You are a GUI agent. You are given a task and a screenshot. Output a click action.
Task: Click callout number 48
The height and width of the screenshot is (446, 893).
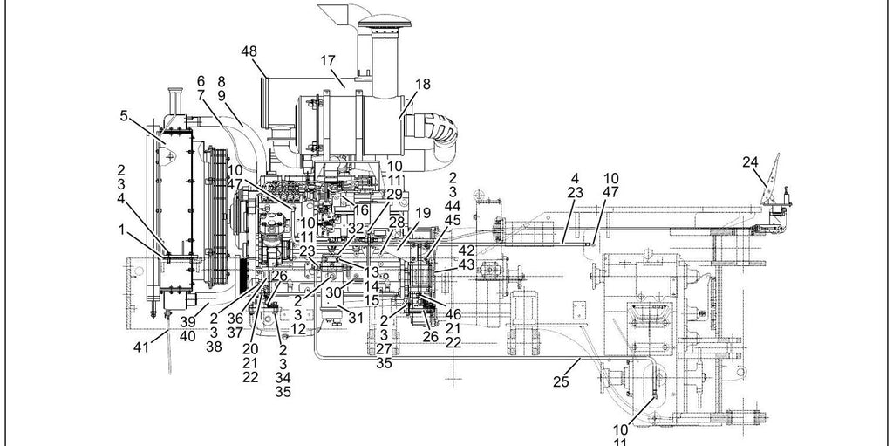click(249, 51)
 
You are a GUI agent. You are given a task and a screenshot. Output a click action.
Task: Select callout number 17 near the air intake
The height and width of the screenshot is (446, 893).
click(328, 60)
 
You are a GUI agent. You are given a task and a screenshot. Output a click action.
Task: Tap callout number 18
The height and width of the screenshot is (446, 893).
click(423, 85)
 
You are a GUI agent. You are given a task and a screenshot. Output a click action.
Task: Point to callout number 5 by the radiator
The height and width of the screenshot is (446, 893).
click(124, 116)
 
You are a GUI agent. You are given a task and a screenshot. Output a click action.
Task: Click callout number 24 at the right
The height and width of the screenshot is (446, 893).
click(751, 162)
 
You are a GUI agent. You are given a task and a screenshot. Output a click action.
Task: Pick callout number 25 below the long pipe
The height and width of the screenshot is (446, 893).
click(561, 382)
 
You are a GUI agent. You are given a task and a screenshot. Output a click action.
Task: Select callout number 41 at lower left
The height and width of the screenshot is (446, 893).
click(141, 347)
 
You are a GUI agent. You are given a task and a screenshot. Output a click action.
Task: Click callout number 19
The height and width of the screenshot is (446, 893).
click(423, 214)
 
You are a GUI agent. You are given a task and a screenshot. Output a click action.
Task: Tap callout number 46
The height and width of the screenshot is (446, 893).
click(453, 314)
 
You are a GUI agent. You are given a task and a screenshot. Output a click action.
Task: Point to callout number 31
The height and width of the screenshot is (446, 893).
click(356, 318)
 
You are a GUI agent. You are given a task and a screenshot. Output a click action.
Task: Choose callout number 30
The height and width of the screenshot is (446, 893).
click(333, 292)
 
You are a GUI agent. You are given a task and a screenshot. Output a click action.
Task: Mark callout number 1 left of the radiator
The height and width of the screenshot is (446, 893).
click(121, 230)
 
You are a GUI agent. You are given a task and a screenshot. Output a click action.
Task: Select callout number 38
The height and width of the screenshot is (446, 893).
click(214, 347)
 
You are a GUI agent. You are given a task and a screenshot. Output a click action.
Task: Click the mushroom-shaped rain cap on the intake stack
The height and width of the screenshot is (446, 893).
click(384, 24)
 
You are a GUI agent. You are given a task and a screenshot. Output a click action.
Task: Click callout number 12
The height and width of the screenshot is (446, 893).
click(298, 329)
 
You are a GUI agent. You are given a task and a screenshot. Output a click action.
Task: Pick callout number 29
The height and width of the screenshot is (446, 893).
click(394, 195)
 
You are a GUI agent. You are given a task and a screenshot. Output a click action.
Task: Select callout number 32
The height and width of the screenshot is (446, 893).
click(356, 228)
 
